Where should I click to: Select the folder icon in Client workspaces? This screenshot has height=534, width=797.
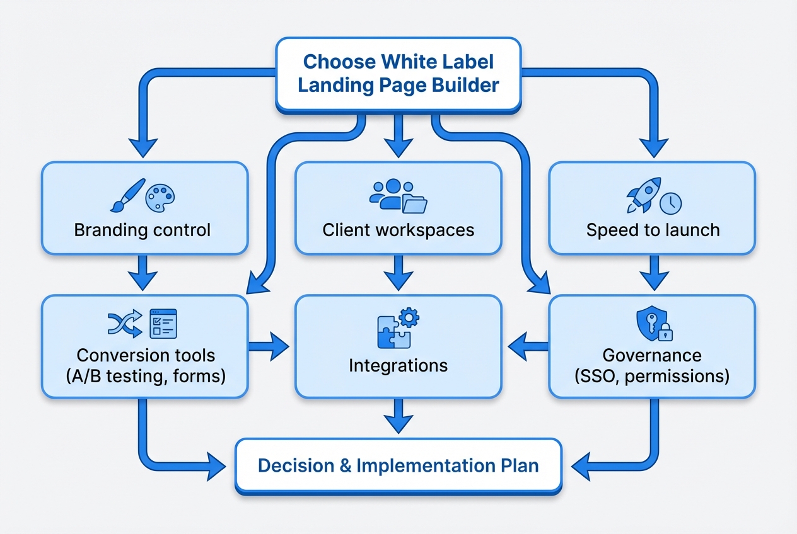pyautogui.click(x=414, y=204)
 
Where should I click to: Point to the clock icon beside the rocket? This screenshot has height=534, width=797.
pyautogui.click(x=671, y=203)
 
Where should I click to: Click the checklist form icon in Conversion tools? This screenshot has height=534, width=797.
pyautogui.click(x=163, y=323)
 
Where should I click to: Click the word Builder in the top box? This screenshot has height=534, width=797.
pyautogui.click(x=462, y=84)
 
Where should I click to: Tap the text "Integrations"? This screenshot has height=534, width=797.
pyautogui.click(x=398, y=365)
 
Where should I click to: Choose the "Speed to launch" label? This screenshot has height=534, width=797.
pyautogui.click(x=653, y=230)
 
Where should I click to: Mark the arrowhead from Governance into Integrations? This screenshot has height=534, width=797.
pyautogui.click(x=518, y=345)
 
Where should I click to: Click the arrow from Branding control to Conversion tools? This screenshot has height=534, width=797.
pyautogui.click(x=145, y=275)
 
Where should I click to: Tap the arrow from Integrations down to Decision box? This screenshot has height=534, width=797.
pyautogui.click(x=398, y=418)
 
